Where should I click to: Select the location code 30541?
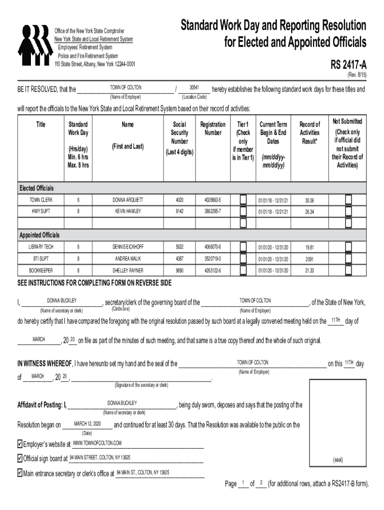point(194,87)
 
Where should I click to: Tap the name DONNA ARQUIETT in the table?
point(127,200)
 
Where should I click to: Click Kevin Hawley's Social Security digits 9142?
point(180,211)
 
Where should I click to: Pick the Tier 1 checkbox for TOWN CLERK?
point(243,200)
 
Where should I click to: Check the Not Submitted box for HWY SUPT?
point(348,211)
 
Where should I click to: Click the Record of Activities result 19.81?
point(309,247)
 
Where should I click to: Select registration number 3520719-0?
point(213,258)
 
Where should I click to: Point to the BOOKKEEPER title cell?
point(40,270)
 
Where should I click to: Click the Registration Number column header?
point(213,128)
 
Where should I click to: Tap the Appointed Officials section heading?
point(39,235)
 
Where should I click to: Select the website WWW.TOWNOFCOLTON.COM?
point(97,443)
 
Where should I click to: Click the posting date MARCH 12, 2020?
point(87,424)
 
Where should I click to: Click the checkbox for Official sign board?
point(20,458)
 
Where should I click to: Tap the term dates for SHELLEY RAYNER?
point(273,270)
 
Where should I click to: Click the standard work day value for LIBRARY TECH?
point(78,247)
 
